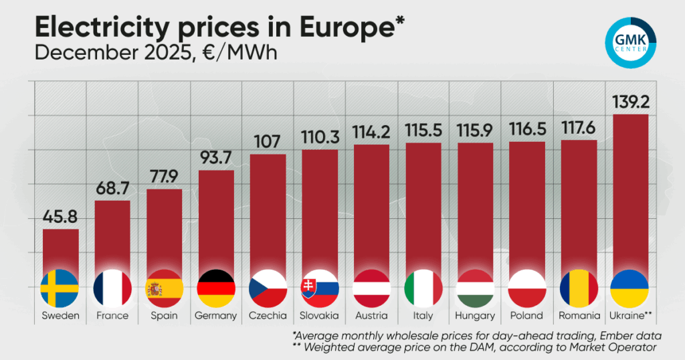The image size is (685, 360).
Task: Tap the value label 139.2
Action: tap(630, 103)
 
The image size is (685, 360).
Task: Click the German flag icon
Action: tap(216, 288)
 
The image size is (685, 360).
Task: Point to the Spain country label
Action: tap(164, 316)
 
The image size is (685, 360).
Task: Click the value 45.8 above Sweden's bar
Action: tap(60, 217)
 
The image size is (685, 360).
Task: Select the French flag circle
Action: tap(112, 288)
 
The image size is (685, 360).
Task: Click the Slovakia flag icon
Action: tap(320, 288)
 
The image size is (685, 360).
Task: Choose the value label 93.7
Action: tap(216, 159)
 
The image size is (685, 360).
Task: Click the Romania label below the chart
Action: tap(578, 316)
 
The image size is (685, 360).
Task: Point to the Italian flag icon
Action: tap(423, 288)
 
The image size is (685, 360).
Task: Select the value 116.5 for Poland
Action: tap(526, 130)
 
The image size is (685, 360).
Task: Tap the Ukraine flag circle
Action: tap(630, 288)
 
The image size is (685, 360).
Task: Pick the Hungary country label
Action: tap(475, 316)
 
